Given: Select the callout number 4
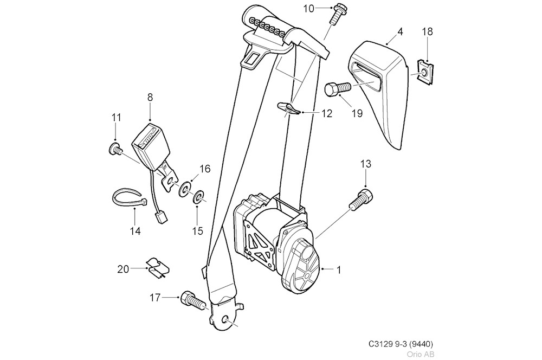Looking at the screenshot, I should pyautogui.click(x=400, y=32).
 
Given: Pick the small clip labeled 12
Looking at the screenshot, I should pyautogui.click(x=289, y=109).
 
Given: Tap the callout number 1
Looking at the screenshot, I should pyautogui.click(x=339, y=269).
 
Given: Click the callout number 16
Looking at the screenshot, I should pyautogui.click(x=204, y=169).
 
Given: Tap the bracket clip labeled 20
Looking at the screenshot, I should pyautogui.click(x=158, y=268).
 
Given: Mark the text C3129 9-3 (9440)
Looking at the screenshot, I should pyautogui.click(x=400, y=344).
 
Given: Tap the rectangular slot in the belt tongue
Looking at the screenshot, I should pyautogui.click(x=253, y=59).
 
